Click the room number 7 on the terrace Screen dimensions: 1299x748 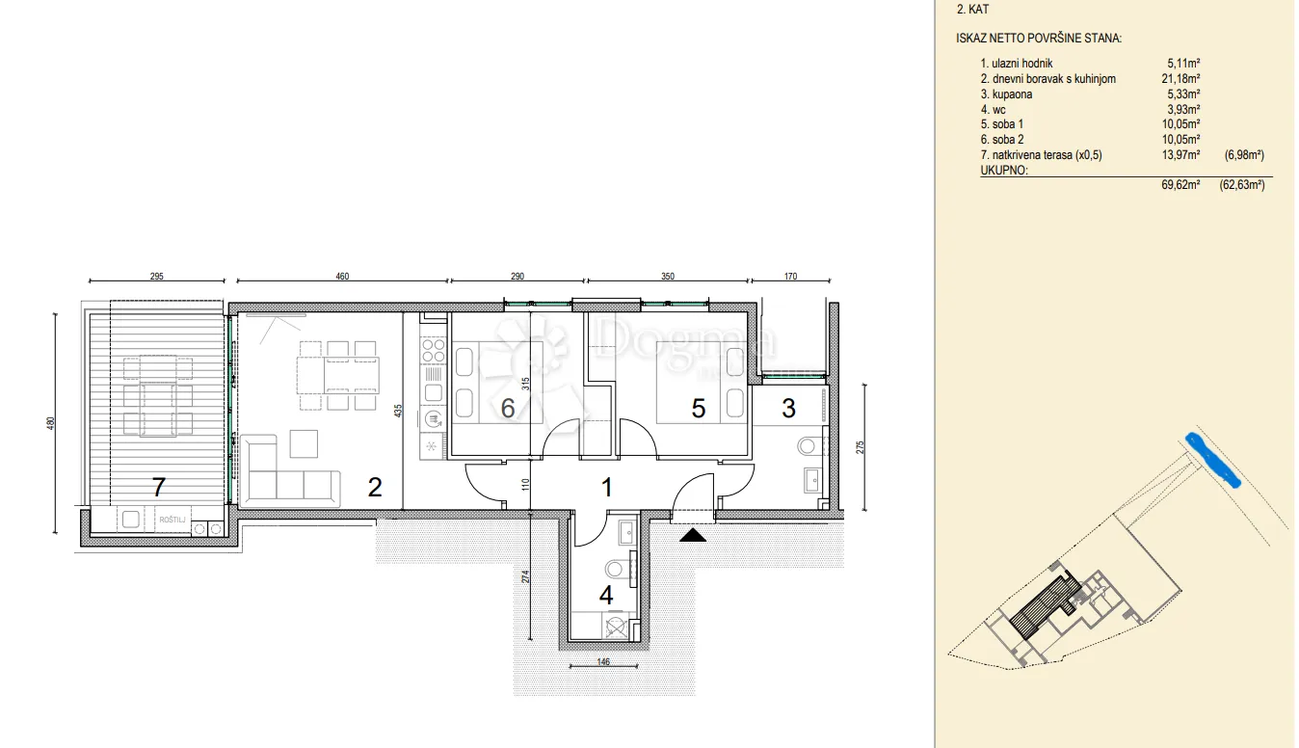[159, 488]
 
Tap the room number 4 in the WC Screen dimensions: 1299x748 [606, 595]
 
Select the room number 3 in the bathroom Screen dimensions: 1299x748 [788, 409]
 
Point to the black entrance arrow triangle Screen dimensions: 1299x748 [693, 535]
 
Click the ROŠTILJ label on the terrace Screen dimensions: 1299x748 [172, 520]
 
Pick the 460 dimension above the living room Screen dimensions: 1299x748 [342, 277]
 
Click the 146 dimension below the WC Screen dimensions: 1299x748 [603, 661]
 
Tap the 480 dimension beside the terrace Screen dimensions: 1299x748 [50, 423]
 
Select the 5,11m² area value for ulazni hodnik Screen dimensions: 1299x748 [1183, 64]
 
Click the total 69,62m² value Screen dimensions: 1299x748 [1180, 185]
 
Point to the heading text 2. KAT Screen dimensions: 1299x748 [972, 10]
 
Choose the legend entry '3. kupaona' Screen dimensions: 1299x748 [1006, 94]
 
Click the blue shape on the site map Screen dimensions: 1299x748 [1212, 460]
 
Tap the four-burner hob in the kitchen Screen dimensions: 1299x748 [433, 351]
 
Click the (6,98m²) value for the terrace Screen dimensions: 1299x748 [1244, 155]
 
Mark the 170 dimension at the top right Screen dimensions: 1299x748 [790, 277]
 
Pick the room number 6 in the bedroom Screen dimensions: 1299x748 [508, 409]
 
